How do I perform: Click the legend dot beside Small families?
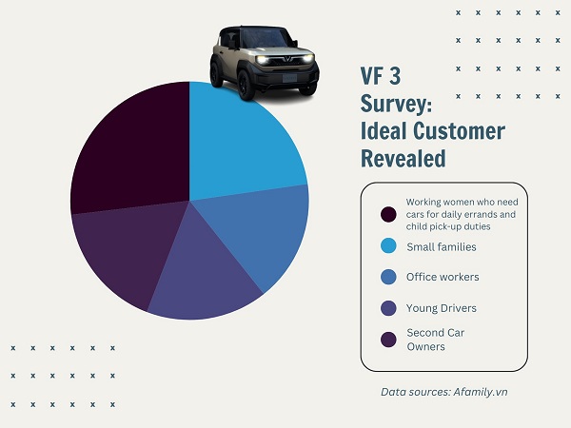pyautogui.click(x=387, y=246)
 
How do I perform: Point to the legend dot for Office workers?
pyautogui.click(x=387, y=277)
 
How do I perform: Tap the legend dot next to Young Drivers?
pyautogui.click(x=387, y=308)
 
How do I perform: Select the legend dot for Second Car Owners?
pyautogui.click(x=387, y=340)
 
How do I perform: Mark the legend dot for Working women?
pyautogui.click(x=387, y=214)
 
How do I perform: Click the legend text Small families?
pyautogui.click(x=441, y=246)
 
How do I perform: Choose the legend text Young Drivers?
pyautogui.click(x=441, y=308)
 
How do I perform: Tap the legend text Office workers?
pyautogui.click(x=443, y=277)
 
